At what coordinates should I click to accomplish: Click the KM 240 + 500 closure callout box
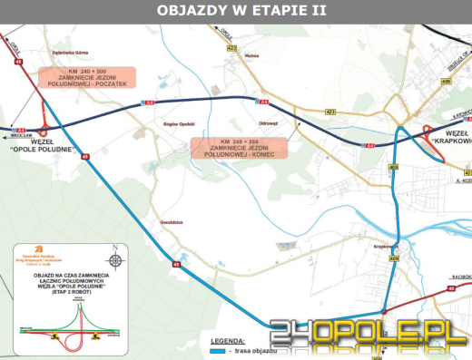(x=88, y=77)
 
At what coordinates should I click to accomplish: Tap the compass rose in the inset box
(x=113, y=255)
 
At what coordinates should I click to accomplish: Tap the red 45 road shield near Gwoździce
(x=176, y=265)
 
